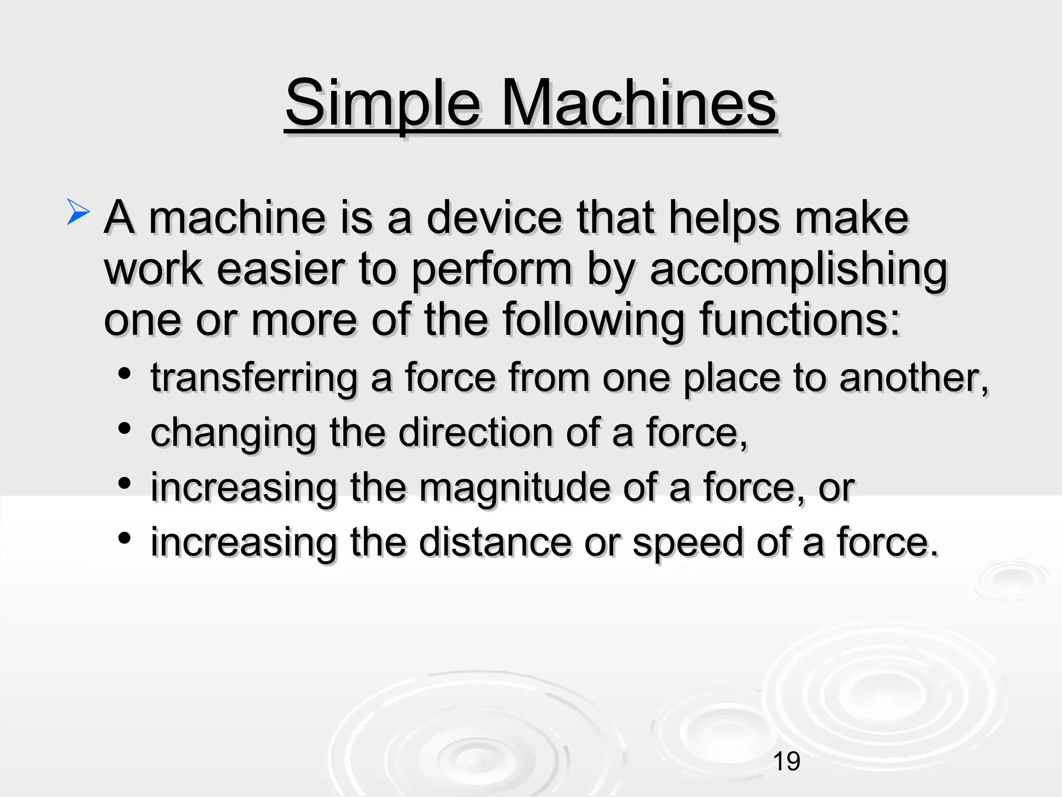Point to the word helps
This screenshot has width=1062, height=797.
(724, 218)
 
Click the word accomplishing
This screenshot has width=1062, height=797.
(799, 270)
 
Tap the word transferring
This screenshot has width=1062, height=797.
(254, 378)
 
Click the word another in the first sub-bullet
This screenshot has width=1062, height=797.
(913, 377)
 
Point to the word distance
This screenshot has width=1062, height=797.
(495, 543)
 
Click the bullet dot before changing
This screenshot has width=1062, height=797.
(124, 429)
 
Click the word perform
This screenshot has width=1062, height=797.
(492, 270)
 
